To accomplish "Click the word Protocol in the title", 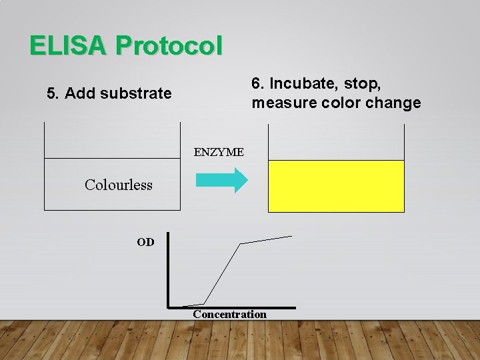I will (x=169, y=45).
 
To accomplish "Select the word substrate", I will (x=137, y=93).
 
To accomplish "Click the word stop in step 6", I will (x=365, y=84).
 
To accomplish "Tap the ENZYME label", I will (x=219, y=152).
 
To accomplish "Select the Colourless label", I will (x=119, y=185).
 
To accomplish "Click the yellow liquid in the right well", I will (x=336, y=186).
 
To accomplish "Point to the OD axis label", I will (x=145, y=242).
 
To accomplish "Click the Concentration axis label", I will (x=229, y=315).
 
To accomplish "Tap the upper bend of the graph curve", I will (x=241, y=243).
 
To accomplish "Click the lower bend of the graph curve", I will (x=203, y=303).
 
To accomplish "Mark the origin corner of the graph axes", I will (x=169, y=307).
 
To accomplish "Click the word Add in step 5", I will (x=77, y=93).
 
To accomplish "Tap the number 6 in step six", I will (x=256, y=84).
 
